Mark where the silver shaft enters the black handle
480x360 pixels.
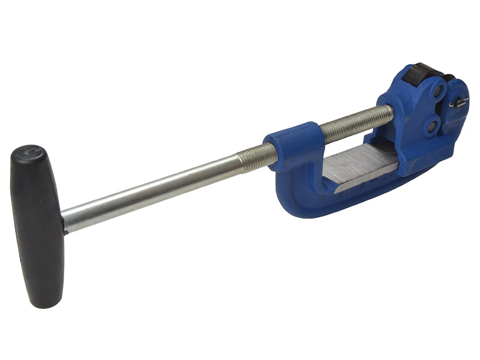tap(65, 221)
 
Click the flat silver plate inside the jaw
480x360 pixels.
tap(360, 165)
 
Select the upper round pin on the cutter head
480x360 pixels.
tap(438, 91)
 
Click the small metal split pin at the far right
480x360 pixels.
tap(458, 103)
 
